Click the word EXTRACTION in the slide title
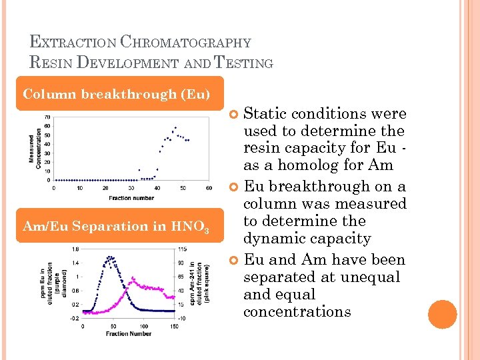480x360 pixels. pos(73,43)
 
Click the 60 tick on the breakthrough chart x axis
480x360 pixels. pos(209,188)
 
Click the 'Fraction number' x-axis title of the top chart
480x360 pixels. pos(131,197)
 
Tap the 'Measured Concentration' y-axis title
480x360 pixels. pos(34,148)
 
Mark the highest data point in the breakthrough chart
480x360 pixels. pos(175,127)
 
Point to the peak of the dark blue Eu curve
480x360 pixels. pos(109,257)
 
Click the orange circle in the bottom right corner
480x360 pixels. pos(442,314)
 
